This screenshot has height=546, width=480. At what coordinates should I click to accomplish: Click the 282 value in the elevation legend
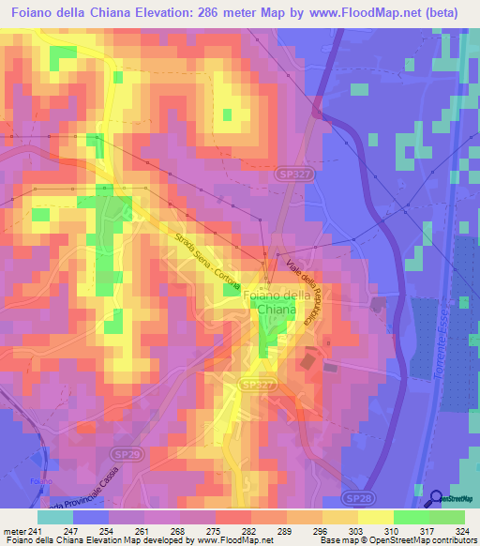click(x=249, y=531)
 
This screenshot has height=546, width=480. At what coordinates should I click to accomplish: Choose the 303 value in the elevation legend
click(x=356, y=531)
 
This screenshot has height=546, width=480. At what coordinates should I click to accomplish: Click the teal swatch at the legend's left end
click(x=56, y=517)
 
